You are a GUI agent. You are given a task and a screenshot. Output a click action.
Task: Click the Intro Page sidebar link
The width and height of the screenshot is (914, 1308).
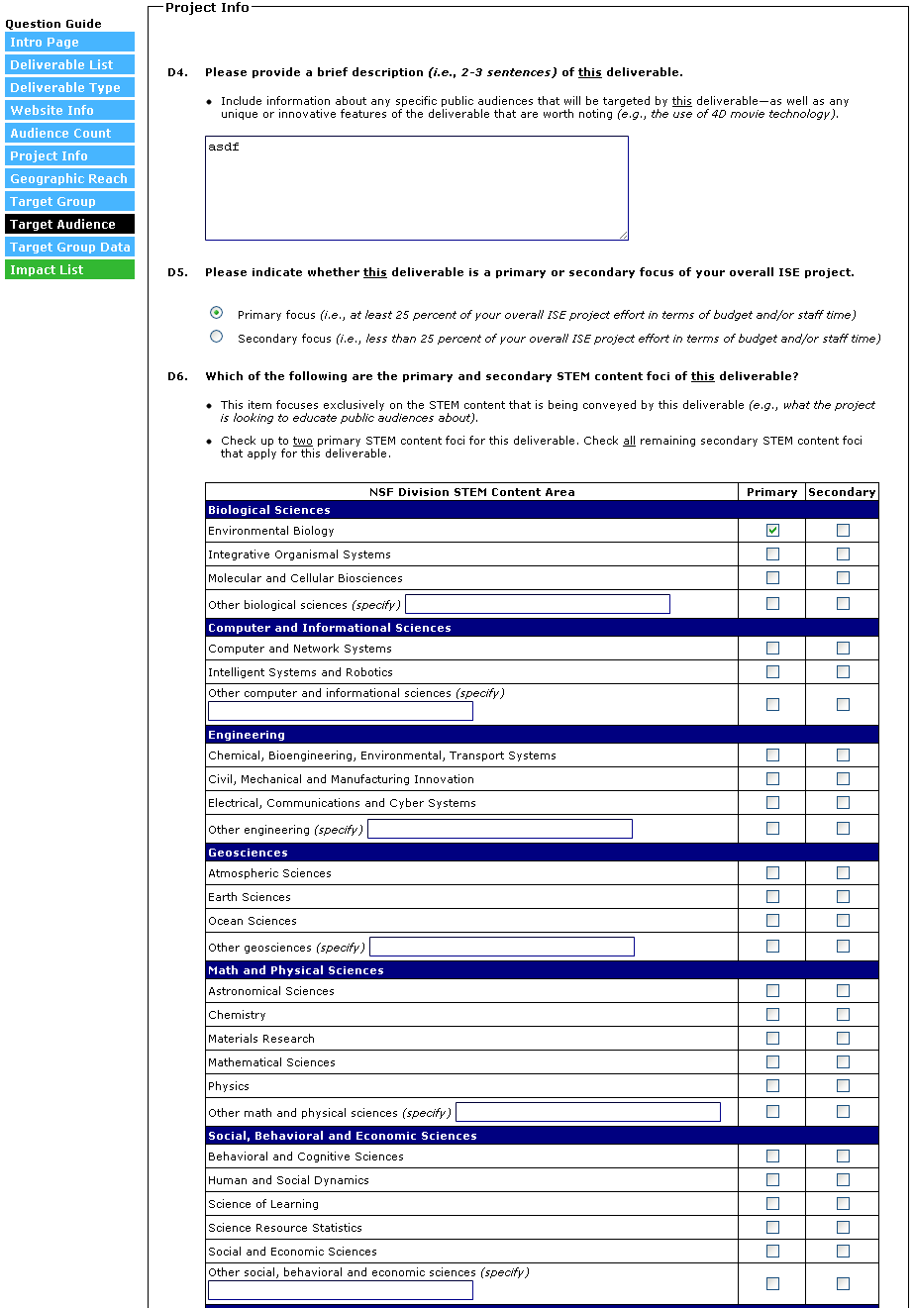coord(69,43)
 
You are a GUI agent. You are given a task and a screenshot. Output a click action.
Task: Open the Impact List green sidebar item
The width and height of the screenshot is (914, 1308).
coord(69,270)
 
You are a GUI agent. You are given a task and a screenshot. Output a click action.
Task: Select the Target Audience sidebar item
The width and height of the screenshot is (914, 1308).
coord(69,225)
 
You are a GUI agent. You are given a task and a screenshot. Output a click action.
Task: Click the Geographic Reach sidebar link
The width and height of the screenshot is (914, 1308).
coord(69,179)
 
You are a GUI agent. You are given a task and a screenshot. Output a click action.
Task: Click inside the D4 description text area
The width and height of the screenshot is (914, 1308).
coord(416,188)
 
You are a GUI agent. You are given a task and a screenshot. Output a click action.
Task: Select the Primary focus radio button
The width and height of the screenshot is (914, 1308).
coord(217,313)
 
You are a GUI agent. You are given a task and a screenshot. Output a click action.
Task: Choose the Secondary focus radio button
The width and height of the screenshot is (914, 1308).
coord(217,337)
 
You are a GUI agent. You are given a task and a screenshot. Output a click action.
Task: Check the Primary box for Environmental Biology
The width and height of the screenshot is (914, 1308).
coord(772,531)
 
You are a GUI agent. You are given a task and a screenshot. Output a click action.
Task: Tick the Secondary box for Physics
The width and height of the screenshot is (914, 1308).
coord(843,1086)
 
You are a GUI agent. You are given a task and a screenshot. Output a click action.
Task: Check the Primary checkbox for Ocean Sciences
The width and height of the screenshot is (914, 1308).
coord(772,921)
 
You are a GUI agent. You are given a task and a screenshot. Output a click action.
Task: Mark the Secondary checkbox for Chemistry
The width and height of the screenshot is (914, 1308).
coord(843,1015)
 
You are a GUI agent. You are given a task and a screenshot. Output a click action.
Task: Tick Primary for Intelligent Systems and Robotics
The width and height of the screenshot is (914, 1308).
coord(772,672)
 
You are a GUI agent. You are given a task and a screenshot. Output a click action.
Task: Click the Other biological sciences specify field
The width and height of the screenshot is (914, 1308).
coord(538,604)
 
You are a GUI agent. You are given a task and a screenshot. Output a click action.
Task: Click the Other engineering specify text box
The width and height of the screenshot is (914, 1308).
coord(500,829)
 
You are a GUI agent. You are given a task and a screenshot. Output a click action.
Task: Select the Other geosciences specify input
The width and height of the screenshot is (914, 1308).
coord(502,947)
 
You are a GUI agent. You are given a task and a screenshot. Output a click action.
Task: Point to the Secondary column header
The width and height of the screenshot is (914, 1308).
coord(842,492)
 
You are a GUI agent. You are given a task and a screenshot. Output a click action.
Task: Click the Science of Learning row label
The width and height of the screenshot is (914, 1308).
coord(263,1204)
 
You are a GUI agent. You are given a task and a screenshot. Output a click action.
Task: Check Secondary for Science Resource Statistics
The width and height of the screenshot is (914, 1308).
coord(843,1228)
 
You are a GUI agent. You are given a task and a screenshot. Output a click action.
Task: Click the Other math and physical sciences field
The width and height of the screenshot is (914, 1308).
coord(588,1112)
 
